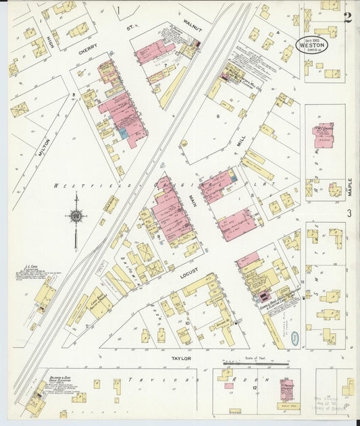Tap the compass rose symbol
tap(76, 215)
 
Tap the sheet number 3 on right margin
tap(349, 213)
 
